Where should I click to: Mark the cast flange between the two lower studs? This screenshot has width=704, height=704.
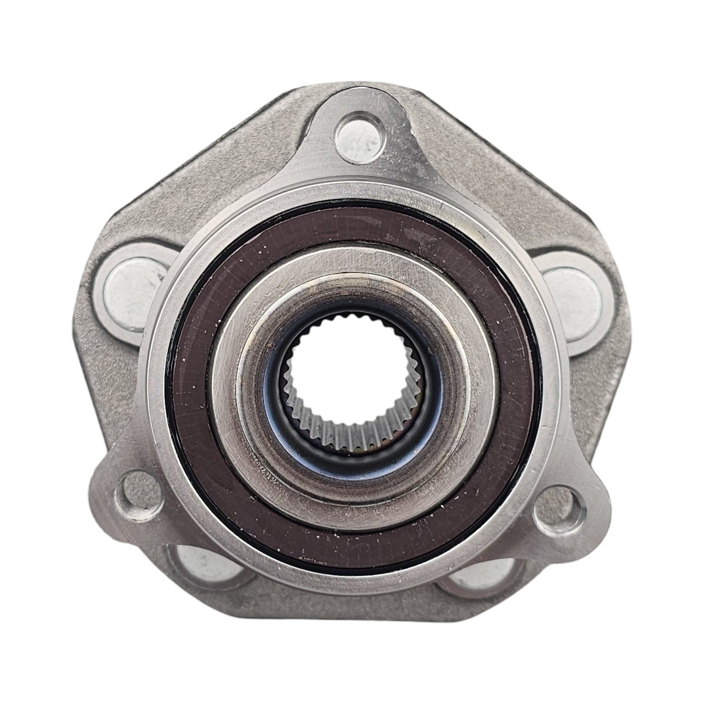point(348,634)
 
